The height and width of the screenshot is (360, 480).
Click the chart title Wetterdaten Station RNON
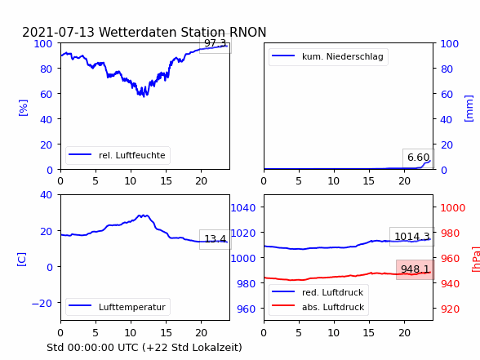click(183, 32)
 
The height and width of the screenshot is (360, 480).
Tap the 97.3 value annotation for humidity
click(216, 43)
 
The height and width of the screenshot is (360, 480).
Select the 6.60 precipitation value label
click(418, 158)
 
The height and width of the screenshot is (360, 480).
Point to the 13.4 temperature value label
click(216, 238)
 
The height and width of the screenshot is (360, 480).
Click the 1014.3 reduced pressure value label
click(412, 237)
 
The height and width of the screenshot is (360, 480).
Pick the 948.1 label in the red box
click(415, 269)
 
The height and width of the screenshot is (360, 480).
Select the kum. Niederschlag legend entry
click(328, 56)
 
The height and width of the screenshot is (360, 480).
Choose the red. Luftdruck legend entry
click(318, 292)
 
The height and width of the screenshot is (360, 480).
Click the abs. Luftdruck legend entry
click(318, 307)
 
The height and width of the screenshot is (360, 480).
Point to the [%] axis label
click(23, 108)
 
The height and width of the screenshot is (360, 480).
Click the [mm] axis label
click(469, 109)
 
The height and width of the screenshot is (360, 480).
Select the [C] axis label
click(21, 260)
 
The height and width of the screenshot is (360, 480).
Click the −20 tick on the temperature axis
click(42, 304)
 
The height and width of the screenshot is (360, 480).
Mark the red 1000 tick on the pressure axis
click(453, 208)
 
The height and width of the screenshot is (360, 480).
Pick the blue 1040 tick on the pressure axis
click(243, 208)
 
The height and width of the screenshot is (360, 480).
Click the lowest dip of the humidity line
click(144, 96)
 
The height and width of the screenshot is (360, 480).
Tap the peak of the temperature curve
click(143, 216)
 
